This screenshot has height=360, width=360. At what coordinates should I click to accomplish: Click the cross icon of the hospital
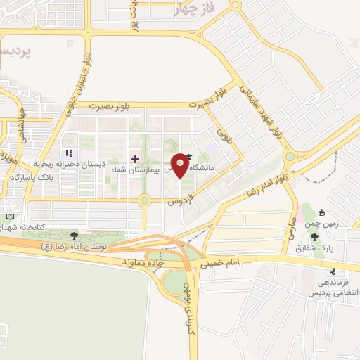coord(136,159)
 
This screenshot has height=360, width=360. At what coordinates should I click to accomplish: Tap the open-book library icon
coord(8,216)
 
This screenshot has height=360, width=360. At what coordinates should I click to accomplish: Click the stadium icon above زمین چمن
coord(321,212)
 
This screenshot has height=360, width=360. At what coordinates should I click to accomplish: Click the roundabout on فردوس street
coord(145,200)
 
